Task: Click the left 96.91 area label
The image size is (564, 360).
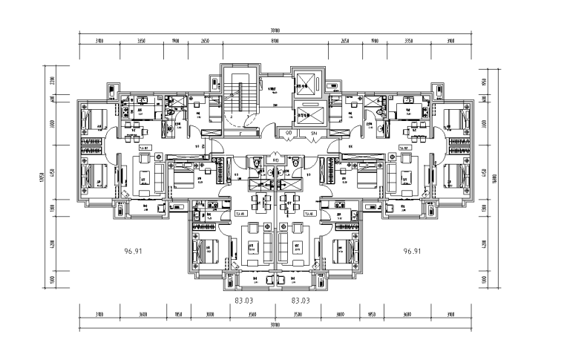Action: click(x=134, y=252)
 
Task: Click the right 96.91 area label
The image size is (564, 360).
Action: click(x=414, y=252)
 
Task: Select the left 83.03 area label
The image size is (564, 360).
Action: click(x=245, y=301)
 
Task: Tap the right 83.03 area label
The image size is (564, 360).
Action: click(x=301, y=301)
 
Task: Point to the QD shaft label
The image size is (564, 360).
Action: click(x=288, y=132)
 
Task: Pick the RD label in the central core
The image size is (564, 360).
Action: click(x=275, y=160)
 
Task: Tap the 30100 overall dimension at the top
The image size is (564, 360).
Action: click(x=274, y=30)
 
